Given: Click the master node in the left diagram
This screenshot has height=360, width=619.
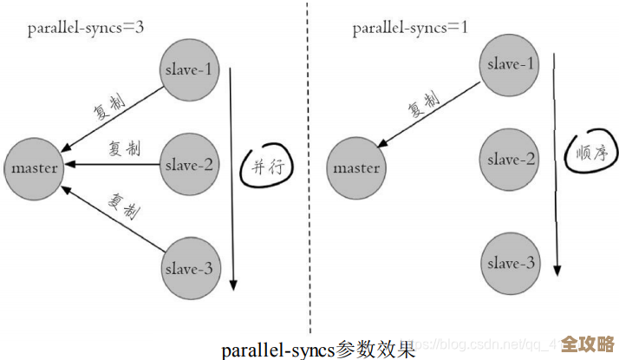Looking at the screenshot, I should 35,167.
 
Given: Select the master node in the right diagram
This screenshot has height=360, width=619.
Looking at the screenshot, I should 356,168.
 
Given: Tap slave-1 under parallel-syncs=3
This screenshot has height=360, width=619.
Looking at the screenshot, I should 188,69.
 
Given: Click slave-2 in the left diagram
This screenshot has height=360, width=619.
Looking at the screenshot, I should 189,164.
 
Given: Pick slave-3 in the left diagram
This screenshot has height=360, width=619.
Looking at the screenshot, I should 189,268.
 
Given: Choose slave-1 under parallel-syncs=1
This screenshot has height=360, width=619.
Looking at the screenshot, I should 511,63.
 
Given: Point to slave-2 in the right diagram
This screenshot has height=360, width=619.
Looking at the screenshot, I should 511,160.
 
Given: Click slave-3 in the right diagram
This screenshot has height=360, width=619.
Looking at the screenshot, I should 511,263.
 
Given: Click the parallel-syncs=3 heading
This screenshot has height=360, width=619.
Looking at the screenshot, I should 85,27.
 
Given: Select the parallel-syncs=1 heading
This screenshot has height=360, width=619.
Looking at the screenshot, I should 410,28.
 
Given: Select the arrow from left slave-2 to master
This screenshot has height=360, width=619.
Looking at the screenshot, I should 113,164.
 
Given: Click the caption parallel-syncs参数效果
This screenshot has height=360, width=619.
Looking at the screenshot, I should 318,350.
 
